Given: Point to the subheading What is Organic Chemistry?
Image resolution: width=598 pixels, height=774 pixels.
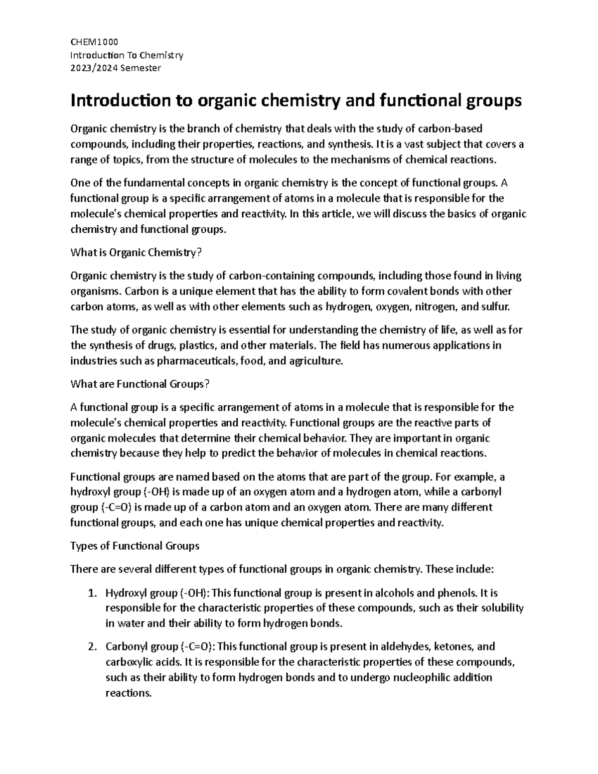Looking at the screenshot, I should (136, 253).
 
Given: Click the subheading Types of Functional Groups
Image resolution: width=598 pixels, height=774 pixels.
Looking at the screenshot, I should (135, 546).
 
